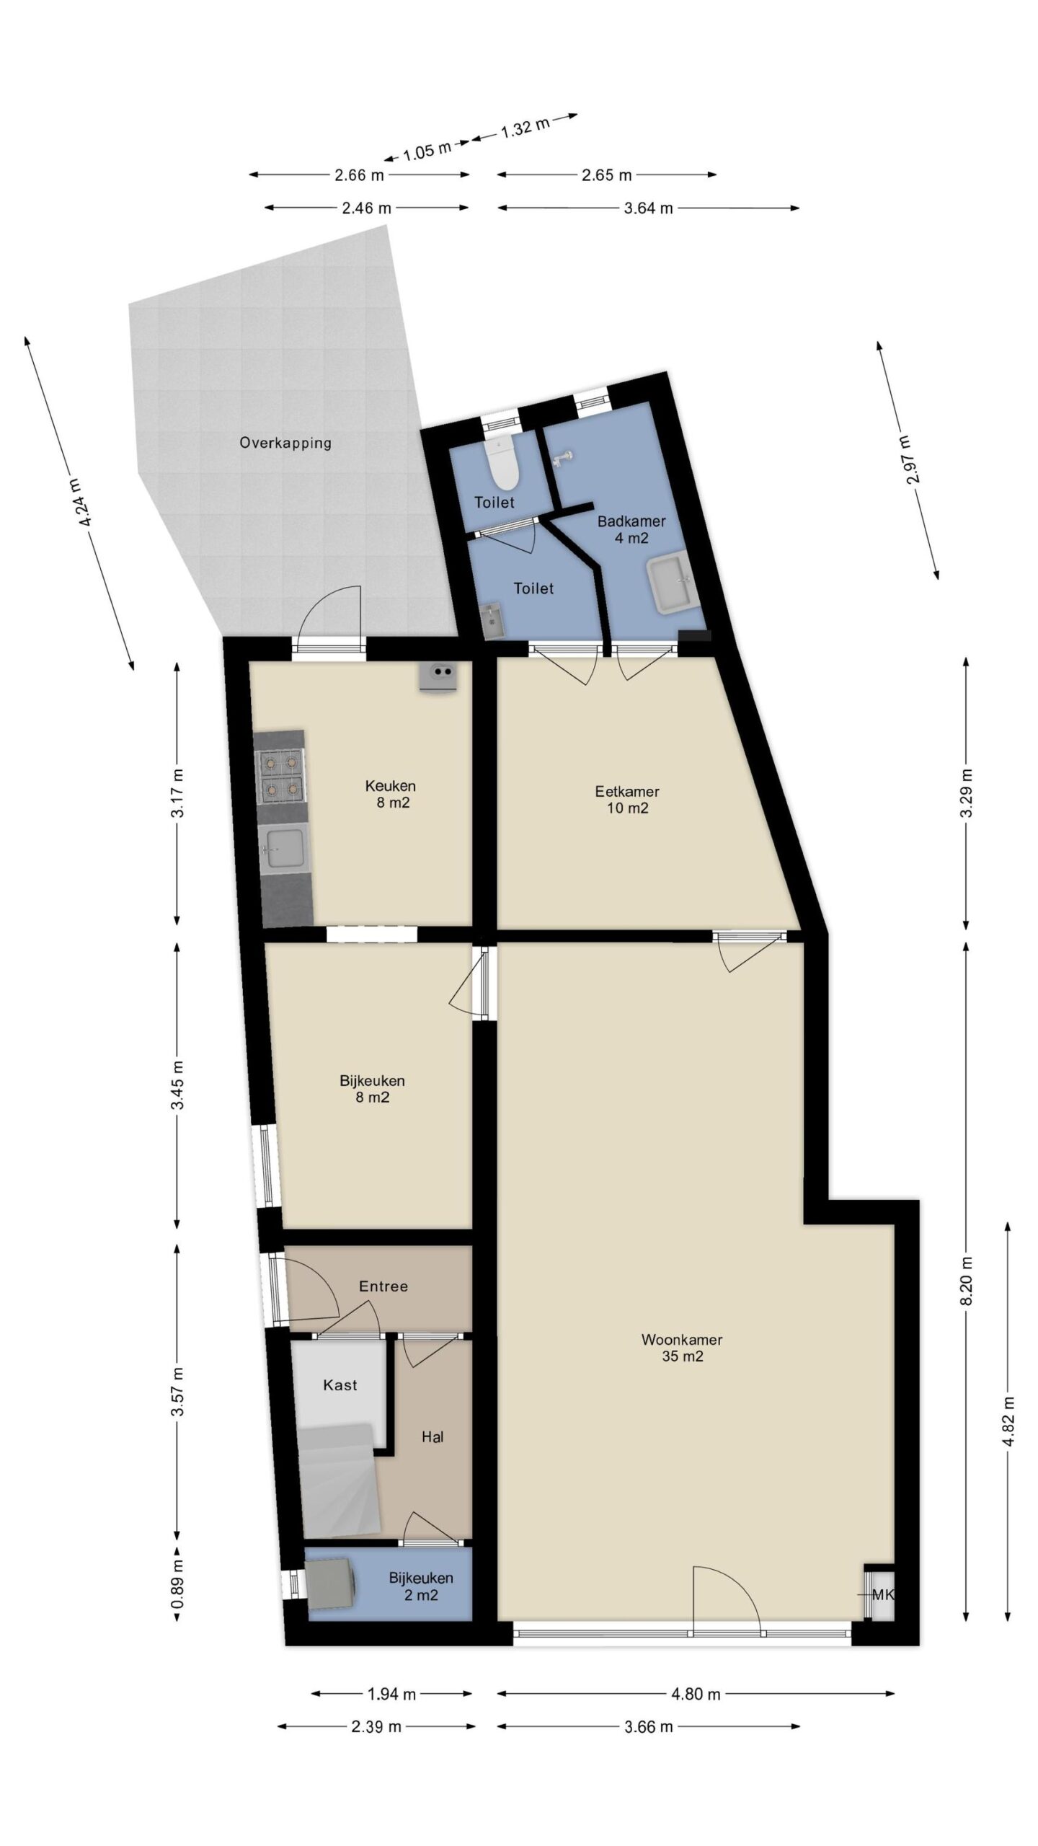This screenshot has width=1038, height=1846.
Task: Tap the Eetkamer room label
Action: [627, 791]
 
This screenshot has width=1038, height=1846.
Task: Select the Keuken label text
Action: [391, 786]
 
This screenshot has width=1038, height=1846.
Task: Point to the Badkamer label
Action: [631, 521]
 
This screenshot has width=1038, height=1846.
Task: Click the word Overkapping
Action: [285, 443]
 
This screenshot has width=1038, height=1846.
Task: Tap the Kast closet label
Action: [340, 1385]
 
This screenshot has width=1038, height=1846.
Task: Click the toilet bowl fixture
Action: [501, 465]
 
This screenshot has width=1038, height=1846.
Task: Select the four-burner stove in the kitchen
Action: [280, 776]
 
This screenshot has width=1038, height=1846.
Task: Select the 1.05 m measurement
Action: [427, 151]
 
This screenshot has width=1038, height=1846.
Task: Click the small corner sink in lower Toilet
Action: [493, 621]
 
